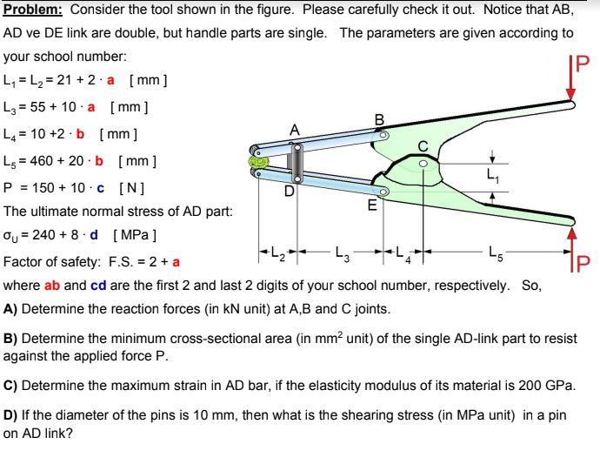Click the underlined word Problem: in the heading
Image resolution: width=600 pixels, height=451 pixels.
[32, 10]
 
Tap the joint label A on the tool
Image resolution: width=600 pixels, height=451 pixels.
[296, 130]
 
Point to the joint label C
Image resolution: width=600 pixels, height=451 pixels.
[423, 145]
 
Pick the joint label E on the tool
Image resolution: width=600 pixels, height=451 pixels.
[372, 205]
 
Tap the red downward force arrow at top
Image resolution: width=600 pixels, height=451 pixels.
[571, 77]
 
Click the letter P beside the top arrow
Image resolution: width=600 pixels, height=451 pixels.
[583, 64]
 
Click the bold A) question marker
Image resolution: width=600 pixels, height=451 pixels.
[11, 308]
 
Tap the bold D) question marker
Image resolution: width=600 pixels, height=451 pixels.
[11, 414]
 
